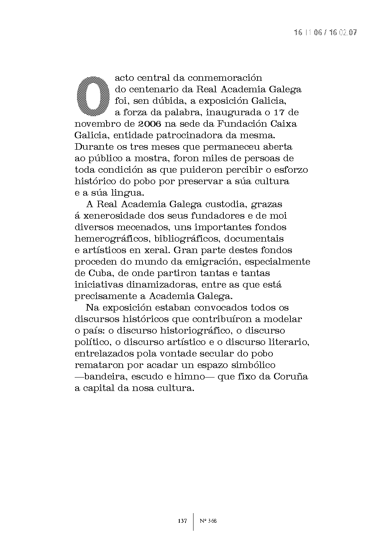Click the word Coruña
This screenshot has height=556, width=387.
(290, 377)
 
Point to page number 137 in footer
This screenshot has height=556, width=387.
(182, 521)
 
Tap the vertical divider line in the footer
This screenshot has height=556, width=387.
(193, 522)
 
